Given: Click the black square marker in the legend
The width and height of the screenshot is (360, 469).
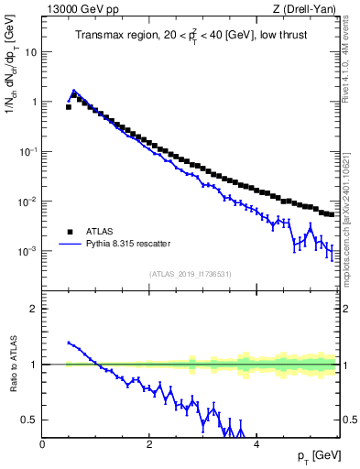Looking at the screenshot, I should click(69, 232).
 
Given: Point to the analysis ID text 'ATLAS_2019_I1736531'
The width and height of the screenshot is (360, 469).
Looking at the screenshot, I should click(190, 273).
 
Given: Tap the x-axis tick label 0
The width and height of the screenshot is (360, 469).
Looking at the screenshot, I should click(42, 443).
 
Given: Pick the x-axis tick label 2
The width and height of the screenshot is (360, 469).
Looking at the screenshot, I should click(148, 443).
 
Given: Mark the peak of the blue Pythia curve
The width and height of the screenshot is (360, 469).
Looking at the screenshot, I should click(74, 91).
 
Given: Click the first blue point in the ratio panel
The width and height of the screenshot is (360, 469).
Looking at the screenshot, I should click(69, 343).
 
